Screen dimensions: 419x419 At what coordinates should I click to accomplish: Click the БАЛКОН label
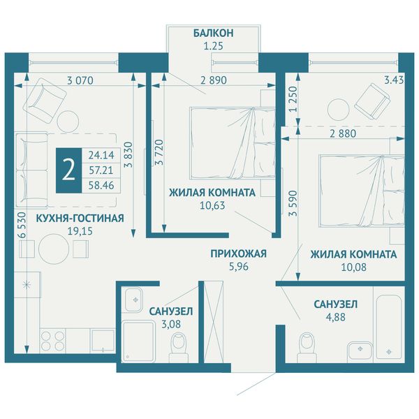point(213,33)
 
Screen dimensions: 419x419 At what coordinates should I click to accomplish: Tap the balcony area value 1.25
point(213,46)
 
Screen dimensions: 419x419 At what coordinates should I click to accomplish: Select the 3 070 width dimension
point(80,80)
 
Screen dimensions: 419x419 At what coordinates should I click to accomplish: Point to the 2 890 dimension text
point(214,80)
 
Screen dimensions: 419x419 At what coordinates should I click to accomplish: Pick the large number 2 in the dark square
point(68,170)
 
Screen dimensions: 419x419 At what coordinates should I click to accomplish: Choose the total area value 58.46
point(101,185)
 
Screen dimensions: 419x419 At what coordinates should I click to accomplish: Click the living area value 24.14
point(101,155)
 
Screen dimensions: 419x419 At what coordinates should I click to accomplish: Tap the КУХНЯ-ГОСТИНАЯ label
point(80,219)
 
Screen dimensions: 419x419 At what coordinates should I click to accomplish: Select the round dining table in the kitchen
point(54,249)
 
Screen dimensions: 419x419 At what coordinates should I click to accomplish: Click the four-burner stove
point(53,341)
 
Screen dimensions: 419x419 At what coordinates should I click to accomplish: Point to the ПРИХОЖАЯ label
point(239,253)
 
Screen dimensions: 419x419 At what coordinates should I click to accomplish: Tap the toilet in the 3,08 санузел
point(179,347)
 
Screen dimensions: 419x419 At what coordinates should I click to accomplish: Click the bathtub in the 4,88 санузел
point(389,327)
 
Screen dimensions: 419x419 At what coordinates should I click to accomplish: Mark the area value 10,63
point(212,205)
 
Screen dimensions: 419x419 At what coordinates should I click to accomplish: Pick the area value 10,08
point(353,267)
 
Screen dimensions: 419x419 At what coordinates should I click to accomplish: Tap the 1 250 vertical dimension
point(293,99)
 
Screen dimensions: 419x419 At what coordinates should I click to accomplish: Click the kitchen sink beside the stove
point(103,341)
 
